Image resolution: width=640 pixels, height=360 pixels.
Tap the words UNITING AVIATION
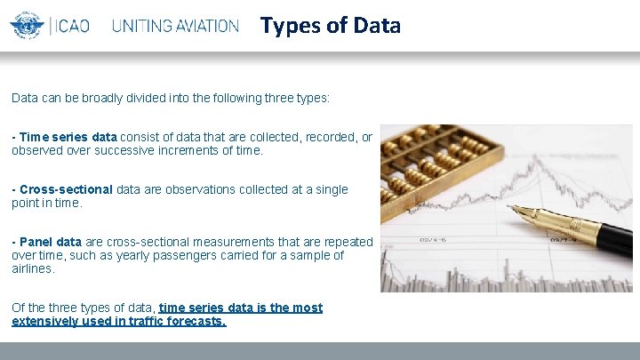pyautogui.click(x=175, y=26)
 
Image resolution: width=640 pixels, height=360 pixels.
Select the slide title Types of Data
pyautogui.click(x=330, y=25)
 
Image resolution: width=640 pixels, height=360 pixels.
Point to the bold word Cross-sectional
pyautogui.click(x=66, y=189)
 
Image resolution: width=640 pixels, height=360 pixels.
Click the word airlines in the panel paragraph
pyautogui.click(x=33, y=268)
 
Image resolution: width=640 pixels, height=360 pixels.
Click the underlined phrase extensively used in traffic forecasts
pyautogui.click(x=119, y=321)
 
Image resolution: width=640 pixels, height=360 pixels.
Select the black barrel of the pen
pyautogui.click(x=604, y=237)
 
